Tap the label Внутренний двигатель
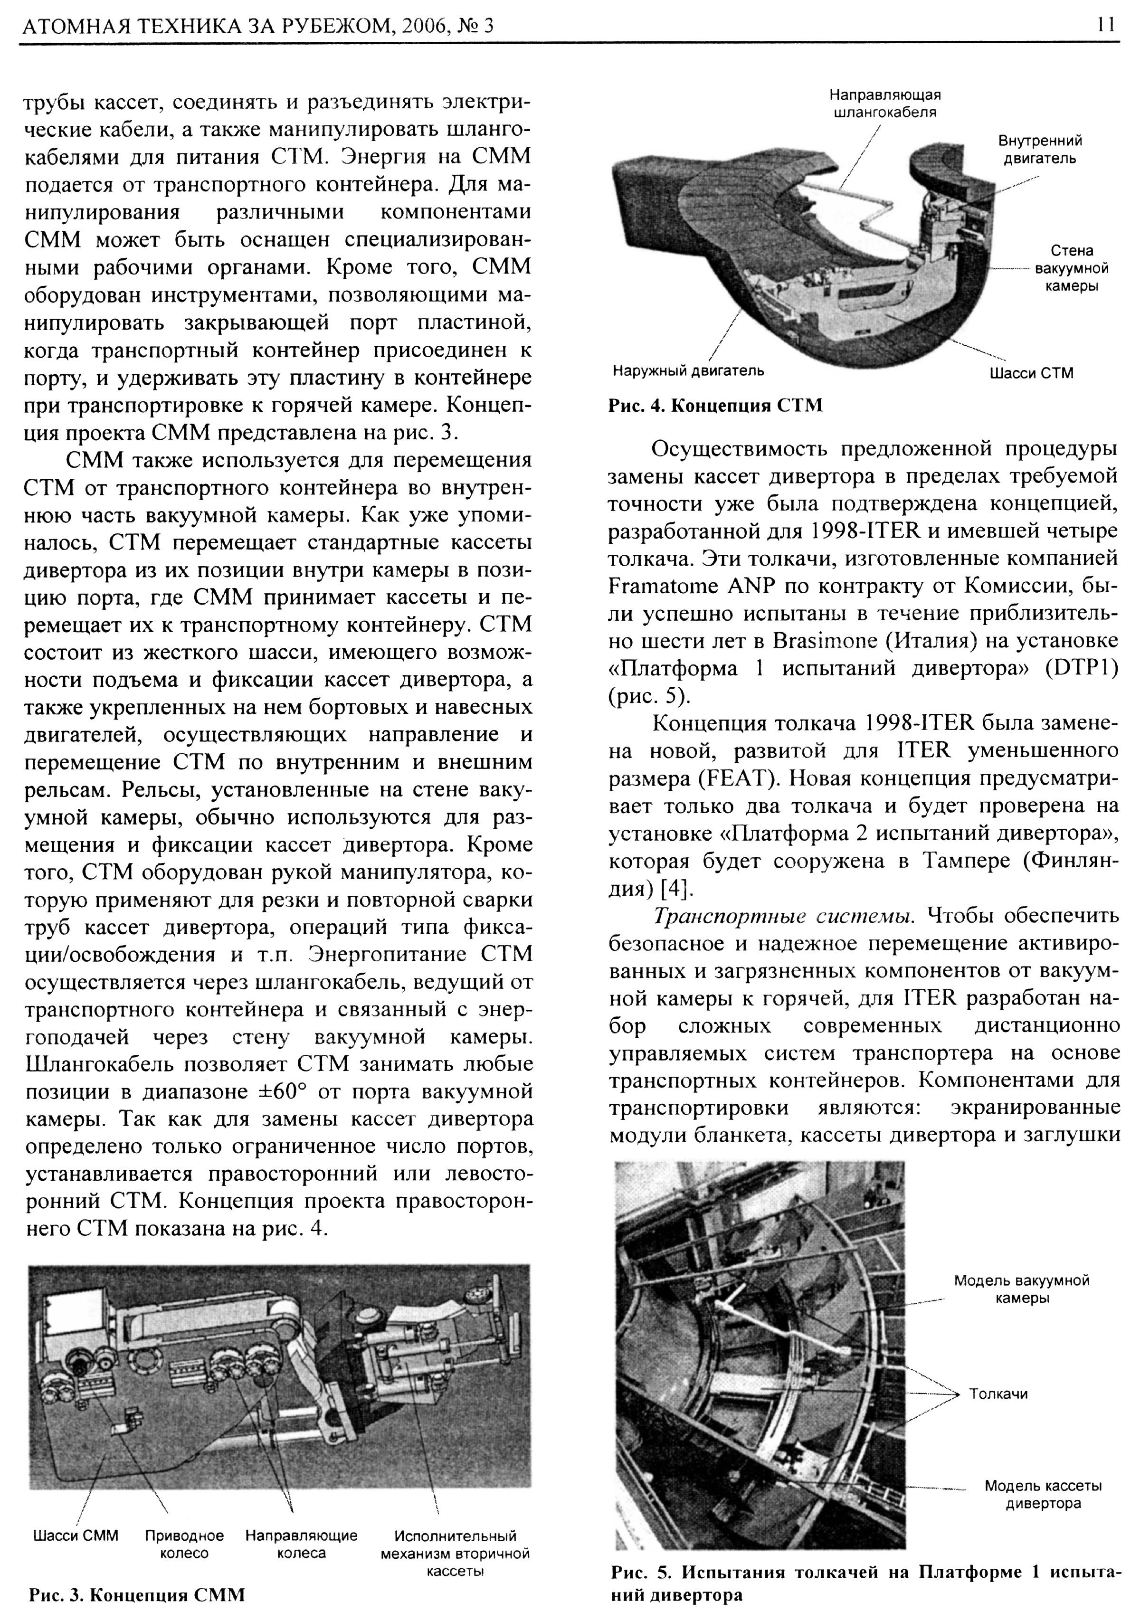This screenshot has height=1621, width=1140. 1040,150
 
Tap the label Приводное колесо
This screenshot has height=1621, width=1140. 184,1545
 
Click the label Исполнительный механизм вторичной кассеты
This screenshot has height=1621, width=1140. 456,1553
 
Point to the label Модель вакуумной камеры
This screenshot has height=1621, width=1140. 1021,1289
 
